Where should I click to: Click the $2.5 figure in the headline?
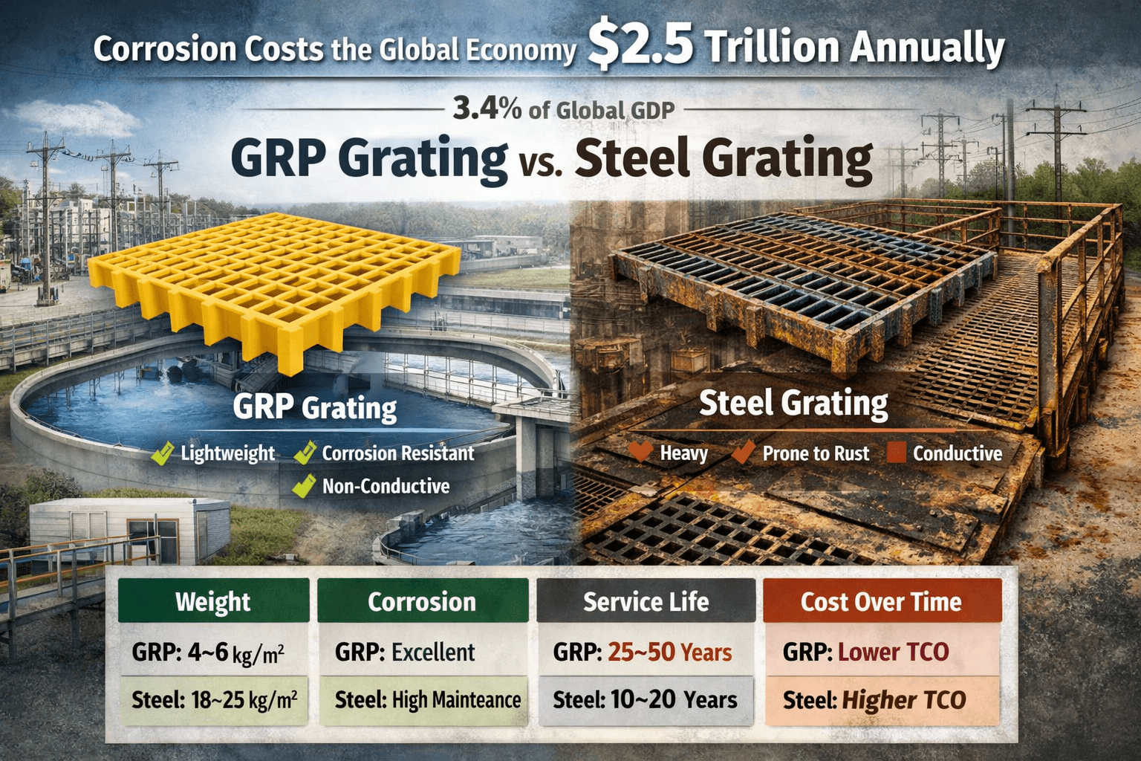pos(640,46)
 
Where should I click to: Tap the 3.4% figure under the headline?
pos(487,109)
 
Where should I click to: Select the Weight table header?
pos(213,601)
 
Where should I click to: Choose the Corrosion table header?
pos(422,601)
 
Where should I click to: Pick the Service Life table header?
pos(646,601)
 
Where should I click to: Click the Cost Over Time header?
pos(881,601)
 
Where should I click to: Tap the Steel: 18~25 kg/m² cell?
pos(214,700)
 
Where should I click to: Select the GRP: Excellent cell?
pos(405,652)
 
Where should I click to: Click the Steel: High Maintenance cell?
pos(427,700)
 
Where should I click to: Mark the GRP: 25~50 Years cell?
pos(643,652)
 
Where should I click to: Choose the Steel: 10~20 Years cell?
pos(645,700)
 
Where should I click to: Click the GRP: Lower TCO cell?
pos(866,652)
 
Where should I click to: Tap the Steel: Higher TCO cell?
pos(874,700)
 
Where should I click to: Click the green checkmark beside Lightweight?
pos(163,454)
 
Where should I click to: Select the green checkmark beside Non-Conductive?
pos(302,487)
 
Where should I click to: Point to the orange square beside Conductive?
pos(897,453)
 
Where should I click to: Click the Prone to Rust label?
pos(816,453)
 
